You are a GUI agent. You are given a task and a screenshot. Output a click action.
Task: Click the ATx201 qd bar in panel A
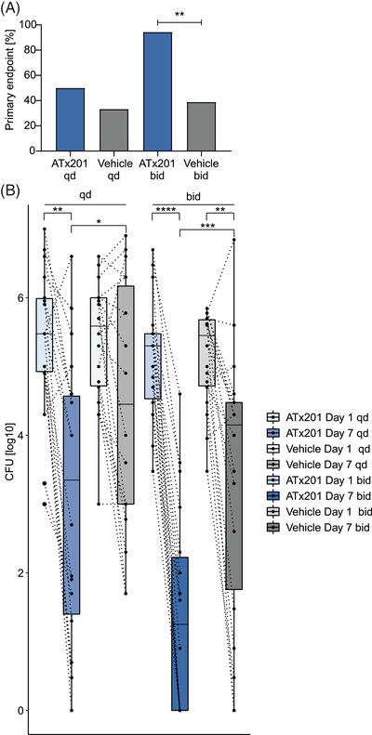click(71, 120)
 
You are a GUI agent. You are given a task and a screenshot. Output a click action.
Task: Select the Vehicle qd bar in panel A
click(113, 130)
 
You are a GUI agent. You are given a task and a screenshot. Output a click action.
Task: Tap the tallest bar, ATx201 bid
click(157, 92)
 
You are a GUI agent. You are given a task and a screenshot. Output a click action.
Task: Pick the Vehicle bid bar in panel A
click(201, 126)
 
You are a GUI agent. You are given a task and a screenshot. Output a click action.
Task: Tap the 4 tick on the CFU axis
click(28, 436)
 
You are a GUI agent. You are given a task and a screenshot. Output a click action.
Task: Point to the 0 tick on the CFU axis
click(28, 710)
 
